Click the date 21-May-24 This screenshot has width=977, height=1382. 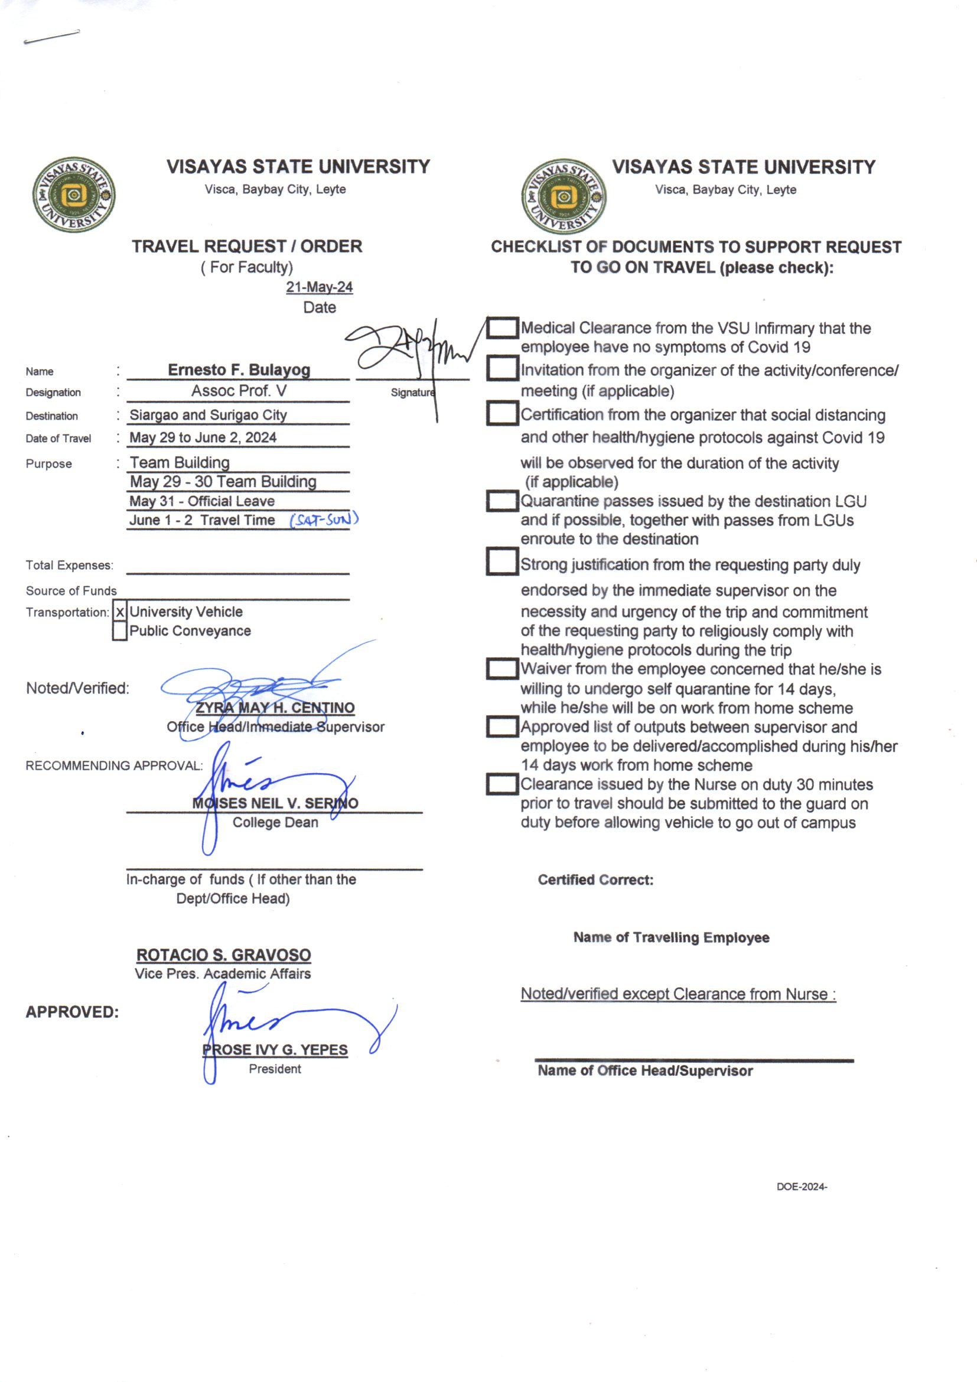coord(319,287)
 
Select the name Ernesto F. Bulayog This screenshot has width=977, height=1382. coord(239,369)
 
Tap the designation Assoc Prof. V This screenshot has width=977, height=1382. coord(239,391)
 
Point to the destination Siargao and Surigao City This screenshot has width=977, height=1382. coord(208,415)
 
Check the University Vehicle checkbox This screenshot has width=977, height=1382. coord(120,612)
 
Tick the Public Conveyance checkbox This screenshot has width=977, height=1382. coord(120,631)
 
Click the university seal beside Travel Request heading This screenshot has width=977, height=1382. coord(74,195)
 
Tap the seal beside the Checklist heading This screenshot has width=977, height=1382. coord(564,196)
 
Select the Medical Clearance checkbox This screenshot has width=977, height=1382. coord(501,328)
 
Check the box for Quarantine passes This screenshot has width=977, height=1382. coord(501,501)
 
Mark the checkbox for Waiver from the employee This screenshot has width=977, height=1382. coord(501,669)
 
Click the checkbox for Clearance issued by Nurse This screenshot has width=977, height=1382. coord(501,784)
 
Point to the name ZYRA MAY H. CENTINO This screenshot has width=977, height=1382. coord(275,708)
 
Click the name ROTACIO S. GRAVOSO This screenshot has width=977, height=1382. coord(223,955)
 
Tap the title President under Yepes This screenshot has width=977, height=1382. coord(275,1069)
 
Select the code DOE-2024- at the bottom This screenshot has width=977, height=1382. coord(802,1187)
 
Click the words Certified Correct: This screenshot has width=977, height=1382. coord(595,880)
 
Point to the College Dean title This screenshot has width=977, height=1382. coord(275,823)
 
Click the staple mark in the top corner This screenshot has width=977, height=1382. coord(51,37)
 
